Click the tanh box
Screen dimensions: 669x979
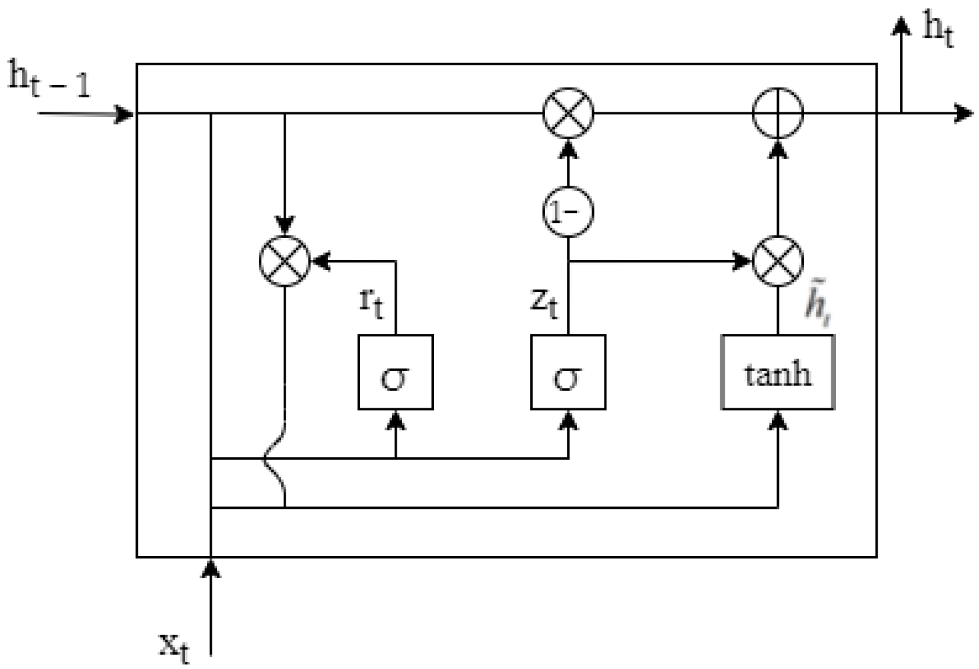[777, 372]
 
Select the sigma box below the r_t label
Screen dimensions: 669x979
[395, 372]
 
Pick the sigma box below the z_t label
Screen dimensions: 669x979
[568, 372]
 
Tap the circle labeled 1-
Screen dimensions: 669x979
[568, 212]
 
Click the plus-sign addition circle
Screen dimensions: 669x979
[777, 113]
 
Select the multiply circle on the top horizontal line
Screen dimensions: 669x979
[568, 113]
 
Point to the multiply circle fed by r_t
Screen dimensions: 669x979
[284, 261]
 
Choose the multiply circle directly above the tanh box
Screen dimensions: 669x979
[777, 261]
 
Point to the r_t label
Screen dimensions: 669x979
[371, 302]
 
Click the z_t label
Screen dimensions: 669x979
[544, 302]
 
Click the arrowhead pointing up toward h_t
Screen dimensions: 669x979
[902, 26]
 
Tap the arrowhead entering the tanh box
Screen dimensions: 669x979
[777, 420]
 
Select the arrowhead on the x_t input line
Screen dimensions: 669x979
[210, 568]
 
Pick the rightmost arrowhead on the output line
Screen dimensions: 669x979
[963, 113]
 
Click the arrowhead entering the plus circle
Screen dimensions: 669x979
[777, 148]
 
